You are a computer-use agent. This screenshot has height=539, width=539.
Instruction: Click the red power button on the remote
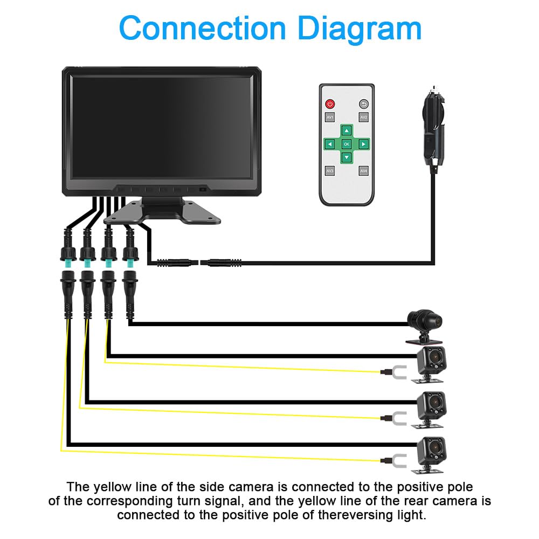coord(330,104)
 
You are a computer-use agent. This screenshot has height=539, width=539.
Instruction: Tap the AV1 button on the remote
coord(330,117)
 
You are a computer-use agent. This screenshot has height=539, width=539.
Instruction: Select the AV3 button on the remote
coord(330,171)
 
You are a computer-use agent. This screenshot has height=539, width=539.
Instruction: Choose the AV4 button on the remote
coord(364,171)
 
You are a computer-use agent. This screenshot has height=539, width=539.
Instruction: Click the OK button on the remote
coord(347,144)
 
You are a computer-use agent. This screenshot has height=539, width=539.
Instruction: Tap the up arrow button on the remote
coord(347,130)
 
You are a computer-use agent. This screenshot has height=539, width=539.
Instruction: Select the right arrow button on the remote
coord(363,144)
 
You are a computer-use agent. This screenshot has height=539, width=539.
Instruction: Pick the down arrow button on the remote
coord(347,157)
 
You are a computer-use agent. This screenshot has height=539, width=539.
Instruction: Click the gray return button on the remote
coord(364,104)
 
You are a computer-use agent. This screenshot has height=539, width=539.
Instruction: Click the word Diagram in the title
coord(359,29)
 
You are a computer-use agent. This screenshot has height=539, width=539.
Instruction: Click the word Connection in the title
coord(202,28)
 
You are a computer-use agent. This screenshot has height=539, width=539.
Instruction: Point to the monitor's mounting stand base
coord(162,212)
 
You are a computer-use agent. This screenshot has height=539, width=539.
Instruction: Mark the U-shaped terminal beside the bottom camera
coord(399,461)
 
